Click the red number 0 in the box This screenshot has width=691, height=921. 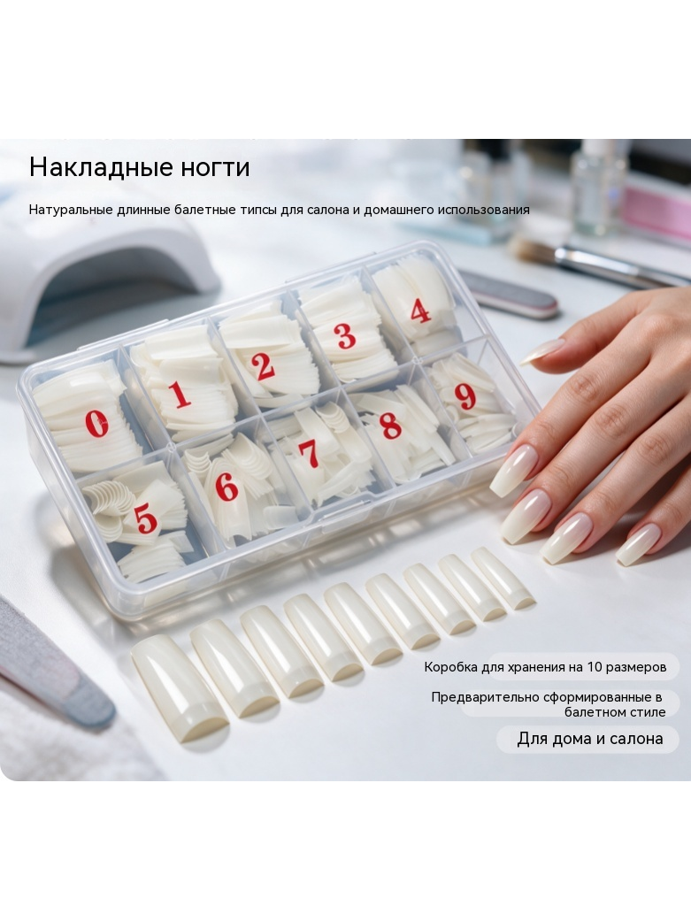96,424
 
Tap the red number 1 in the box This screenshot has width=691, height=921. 180,394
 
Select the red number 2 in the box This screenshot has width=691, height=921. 263,365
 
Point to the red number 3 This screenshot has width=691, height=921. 345,335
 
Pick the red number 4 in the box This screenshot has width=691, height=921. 421,311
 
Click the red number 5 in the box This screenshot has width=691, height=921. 145,519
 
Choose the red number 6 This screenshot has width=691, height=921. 226,487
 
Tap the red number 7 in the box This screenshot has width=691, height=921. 309,454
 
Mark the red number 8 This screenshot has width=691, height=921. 390,426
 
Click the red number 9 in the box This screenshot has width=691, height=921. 465,396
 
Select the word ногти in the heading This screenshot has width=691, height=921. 215,169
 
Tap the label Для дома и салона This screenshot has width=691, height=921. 590,739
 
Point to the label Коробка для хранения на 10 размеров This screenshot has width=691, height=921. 545,667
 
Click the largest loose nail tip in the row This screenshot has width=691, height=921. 179,687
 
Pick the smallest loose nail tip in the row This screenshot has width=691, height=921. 503,578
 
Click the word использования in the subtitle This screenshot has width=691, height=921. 484,211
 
